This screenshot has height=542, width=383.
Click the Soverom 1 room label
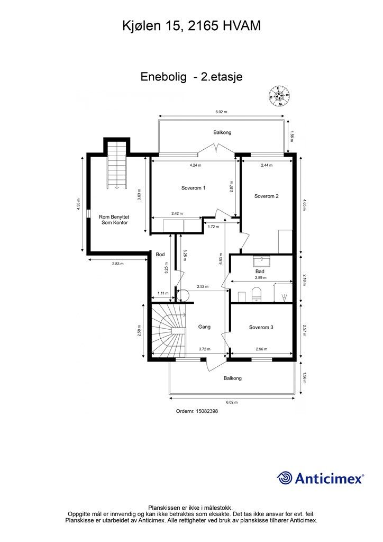[x=194, y=188]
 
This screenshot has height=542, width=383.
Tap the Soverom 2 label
[x=266, y=196]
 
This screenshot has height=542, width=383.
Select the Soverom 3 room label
[x=261, y=327]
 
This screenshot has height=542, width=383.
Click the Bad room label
[x=260, y=272]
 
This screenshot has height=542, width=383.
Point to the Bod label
[x=160, y=255]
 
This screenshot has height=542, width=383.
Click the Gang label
[x=204, y=327]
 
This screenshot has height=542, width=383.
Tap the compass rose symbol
[x=279, y=95]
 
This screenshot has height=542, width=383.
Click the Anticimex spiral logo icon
[x=285, y=478]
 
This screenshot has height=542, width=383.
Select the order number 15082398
[x=206, y=411]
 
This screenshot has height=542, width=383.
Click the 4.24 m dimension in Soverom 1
[x=196, y=165]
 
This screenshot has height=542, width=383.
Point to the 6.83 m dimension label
[x=221, y=258]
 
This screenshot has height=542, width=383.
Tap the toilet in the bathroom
[x=257, y=294]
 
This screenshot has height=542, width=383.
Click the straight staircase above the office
[x=117, y=166]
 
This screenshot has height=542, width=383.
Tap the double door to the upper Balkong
[x=215, y=149]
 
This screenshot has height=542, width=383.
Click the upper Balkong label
[x=222, y=132]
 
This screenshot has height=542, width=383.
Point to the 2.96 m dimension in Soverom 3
[x=261, y=349]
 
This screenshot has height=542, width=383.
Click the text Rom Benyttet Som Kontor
[x=114, y=220]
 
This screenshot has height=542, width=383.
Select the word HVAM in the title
[x=241, y=26]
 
